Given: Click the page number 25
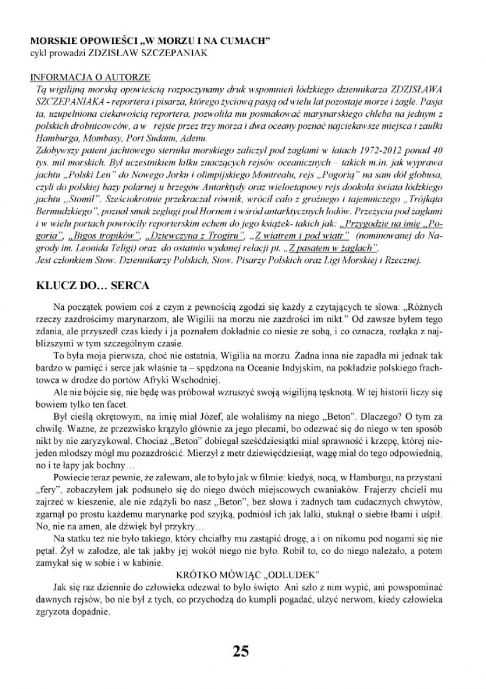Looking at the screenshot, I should (241, 651).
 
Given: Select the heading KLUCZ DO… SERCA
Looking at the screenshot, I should (92, 285).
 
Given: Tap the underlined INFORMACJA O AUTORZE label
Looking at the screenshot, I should (90, 77).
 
